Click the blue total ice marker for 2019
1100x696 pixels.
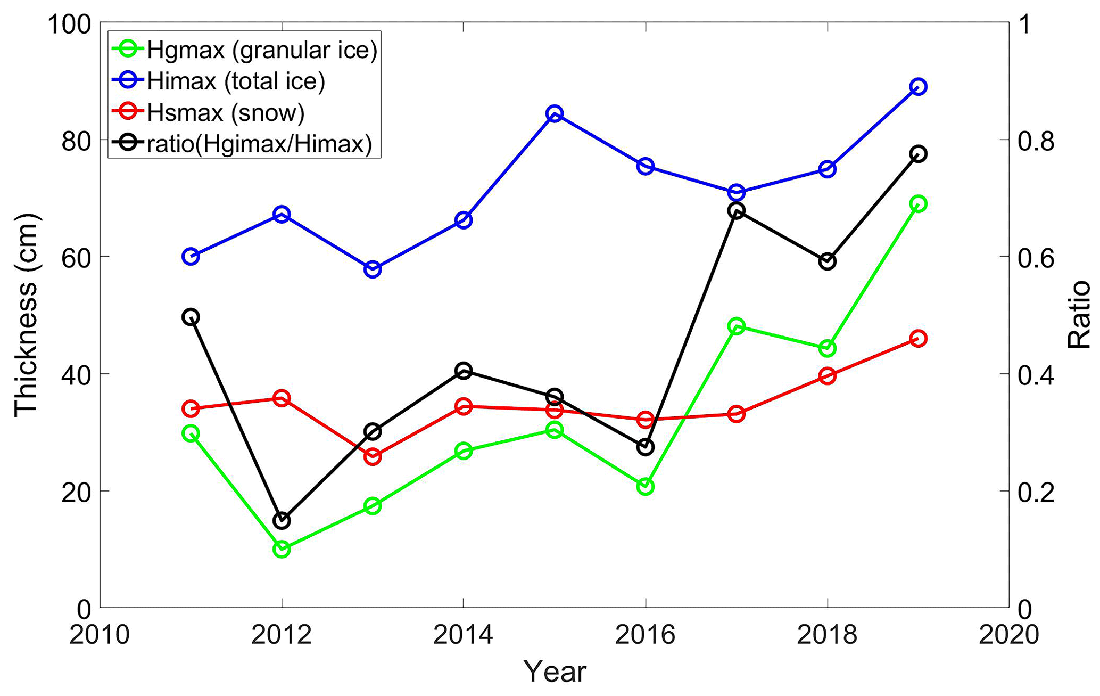[918, 87]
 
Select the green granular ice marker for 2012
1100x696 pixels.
[282, 549]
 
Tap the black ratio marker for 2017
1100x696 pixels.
[736, 210]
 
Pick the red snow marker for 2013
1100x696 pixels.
[373, 456]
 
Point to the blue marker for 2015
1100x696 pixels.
[555, 113]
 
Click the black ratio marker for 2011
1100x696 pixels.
[191, 317]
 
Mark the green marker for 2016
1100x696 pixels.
[646, 486]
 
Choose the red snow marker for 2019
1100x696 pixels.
[918, 338]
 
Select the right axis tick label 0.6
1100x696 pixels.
[1035, 257]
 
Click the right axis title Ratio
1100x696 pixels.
[1079, 315]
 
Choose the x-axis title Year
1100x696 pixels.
[555, 672]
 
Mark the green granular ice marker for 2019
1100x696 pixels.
[918, 203]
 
